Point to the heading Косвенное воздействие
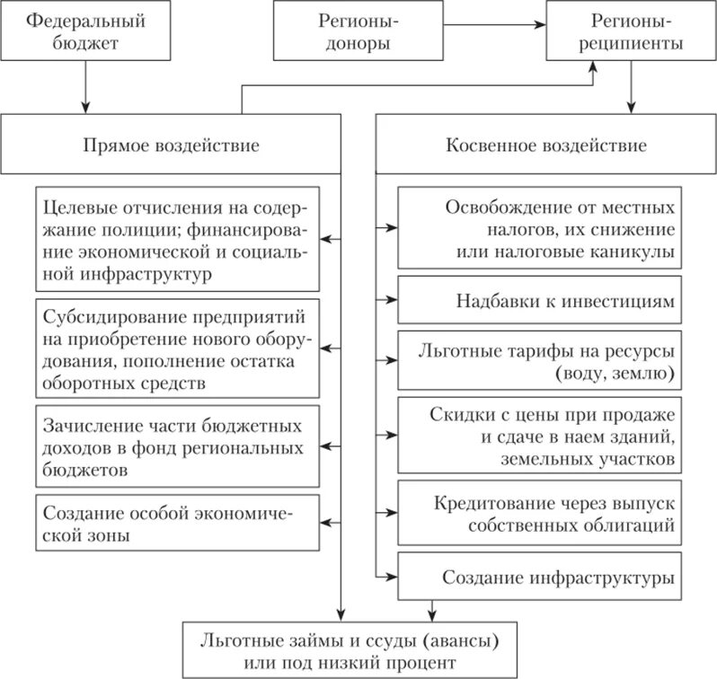[x=545, y=145]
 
